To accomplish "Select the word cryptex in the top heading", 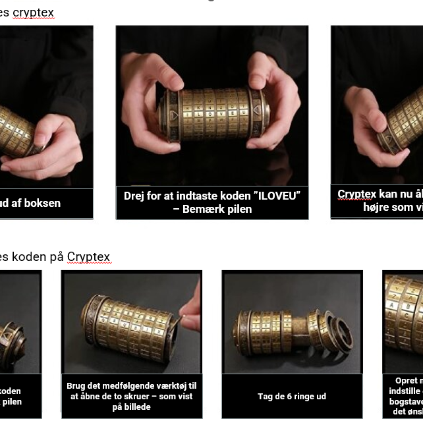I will pyautogui.click(x=34, y=13).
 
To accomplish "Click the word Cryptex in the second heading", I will pyautogui.click(x=88, y=257).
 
